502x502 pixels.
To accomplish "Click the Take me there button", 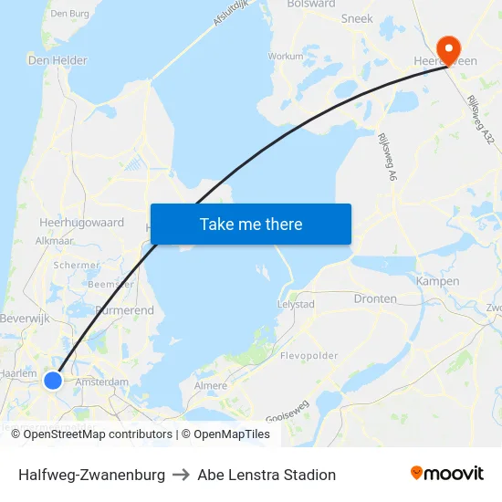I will pyautogui.click(x=251, y=225).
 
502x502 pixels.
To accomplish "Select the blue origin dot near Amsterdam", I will pyautogui.click(x=53, y=379).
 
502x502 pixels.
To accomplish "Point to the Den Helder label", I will pyautogui.click(x=58, y=60).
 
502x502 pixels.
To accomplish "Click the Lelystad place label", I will pyautogui.click(x=296, y=304).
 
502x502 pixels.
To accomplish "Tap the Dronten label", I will pyautogui.click(x=375, y=298).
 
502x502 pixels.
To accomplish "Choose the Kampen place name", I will pyautogui.click(x=437, y=281).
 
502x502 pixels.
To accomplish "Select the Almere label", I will pyautogui.click(x=211, y=386).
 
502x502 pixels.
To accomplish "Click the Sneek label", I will pyautogui.click(x=357, y=18).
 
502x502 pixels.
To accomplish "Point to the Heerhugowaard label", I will pyautogui.click(x=81, y=222).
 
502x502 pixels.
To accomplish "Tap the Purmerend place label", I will pyautogui.click(x=124, y=311).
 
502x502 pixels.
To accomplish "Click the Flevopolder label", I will pyautogui.click(x=309, y=356).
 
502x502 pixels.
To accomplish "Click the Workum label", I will pyautogui.click(x=286, y=56).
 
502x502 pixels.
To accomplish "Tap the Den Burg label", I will pyautogui.click(x=69, y=13).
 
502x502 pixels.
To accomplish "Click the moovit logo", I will pyautogui.click(x=446, y=474).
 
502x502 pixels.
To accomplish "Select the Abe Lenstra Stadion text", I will pyautogui.click(x=267, y=475).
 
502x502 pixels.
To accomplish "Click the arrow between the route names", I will pyautogui.click(x=181, y=475).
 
